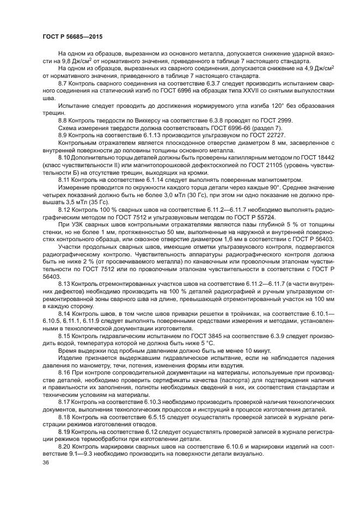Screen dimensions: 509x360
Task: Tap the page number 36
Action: click(45, 462)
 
